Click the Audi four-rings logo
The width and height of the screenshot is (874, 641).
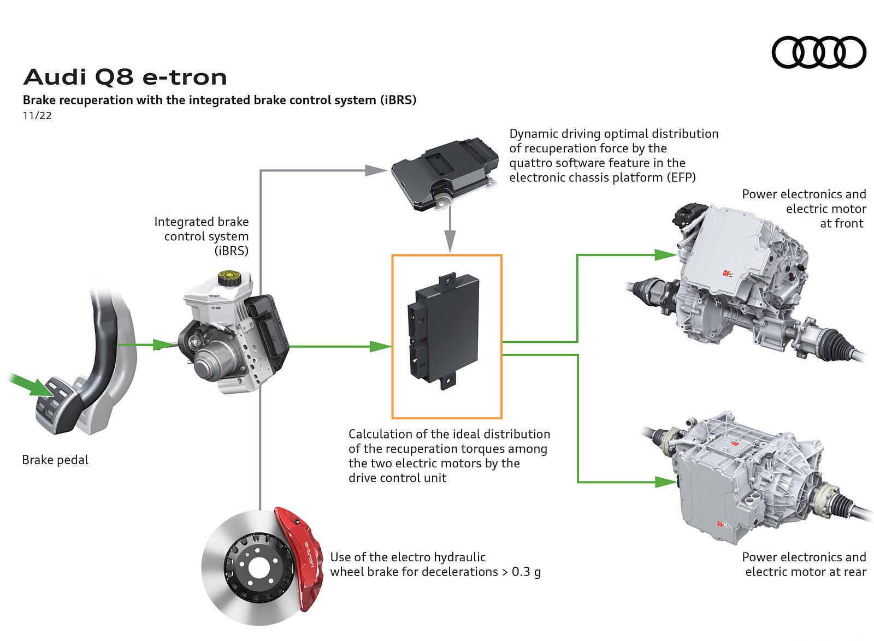coord(818,52)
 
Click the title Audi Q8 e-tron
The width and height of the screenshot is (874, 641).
coord(125,78)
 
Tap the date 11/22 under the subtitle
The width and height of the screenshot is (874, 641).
coord(37,115)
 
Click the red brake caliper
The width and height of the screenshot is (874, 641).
coord(299,554)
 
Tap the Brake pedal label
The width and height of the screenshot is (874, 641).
coord(55,460)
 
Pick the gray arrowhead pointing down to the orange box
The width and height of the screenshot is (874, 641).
coord(450,241)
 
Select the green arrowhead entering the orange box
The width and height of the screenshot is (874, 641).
coord(380,346)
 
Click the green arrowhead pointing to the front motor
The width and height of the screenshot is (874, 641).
coord(665,254)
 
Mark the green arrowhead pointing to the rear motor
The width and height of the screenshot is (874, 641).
coord(665,482)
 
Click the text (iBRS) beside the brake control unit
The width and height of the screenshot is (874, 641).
coord(231,251)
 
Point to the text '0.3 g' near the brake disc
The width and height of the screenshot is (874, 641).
coord(526,572)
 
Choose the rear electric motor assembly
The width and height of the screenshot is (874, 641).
coord(748,475)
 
